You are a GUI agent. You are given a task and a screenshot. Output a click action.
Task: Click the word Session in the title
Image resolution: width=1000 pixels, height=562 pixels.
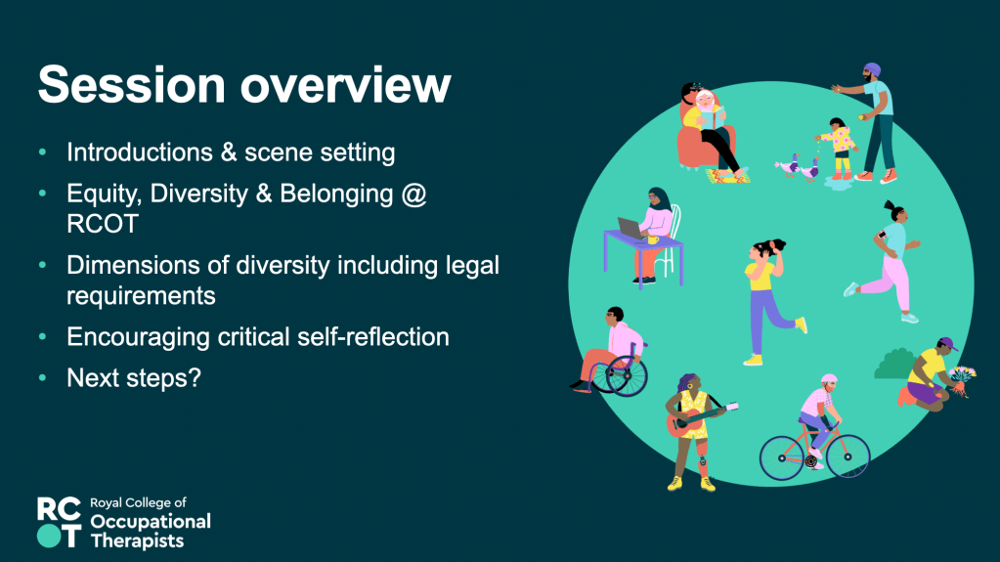tap(132, 84)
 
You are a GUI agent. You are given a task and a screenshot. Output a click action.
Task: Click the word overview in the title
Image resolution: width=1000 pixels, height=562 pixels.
tap(346, 86)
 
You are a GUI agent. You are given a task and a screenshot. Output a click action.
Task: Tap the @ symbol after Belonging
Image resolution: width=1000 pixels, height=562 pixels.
tap(413, 194)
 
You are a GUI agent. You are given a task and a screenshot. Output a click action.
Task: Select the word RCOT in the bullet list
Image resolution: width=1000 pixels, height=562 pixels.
tap(103, 224)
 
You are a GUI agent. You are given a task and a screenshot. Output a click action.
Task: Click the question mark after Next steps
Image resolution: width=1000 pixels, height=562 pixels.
tap(195, 377)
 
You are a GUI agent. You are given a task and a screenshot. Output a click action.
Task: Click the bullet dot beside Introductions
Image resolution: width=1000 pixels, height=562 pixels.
tap(43, 151)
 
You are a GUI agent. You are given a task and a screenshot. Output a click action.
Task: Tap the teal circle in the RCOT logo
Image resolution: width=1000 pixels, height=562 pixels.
tap(49, 536)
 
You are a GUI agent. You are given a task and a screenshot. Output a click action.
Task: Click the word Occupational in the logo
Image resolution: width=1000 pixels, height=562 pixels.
tap(151, 522)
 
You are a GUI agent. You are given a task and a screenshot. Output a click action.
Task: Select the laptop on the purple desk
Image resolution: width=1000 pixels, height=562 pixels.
tap(631, 228)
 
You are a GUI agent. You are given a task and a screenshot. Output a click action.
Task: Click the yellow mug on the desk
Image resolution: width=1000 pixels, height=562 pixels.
tap(652, 239)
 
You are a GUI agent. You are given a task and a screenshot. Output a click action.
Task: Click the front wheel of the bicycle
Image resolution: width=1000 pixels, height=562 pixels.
tap(848, 456)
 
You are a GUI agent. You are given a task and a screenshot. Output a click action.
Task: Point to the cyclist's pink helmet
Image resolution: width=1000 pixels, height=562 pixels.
tap(828, 379)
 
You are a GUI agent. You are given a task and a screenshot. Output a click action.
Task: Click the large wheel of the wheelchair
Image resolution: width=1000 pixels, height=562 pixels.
tap(627, 376)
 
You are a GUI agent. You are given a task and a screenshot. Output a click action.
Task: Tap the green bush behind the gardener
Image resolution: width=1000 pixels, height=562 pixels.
tap(894, 365)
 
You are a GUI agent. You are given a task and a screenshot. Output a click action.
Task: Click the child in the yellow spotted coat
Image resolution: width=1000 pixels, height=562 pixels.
tap(840, 148)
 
